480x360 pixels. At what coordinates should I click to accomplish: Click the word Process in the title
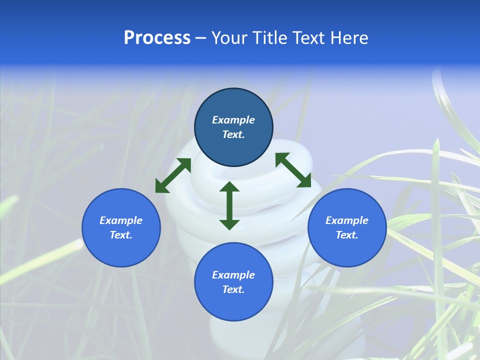(157, 38)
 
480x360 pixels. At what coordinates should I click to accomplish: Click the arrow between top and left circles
(173, 175)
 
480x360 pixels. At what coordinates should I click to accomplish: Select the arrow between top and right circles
(293, 170)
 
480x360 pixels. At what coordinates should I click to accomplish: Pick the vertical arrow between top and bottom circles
(229, 205)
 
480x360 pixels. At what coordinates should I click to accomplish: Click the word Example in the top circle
(233, 120)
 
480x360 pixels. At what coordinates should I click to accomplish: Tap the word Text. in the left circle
(121, 235)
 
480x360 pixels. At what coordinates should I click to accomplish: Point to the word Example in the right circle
(347, 220)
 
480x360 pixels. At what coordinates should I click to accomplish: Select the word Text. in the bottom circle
(233, 289)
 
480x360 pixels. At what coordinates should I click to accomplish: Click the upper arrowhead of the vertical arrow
(229, 187)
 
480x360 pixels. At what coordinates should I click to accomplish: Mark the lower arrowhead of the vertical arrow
(229, 224)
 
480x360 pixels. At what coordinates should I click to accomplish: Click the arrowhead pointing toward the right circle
(304, 182)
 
